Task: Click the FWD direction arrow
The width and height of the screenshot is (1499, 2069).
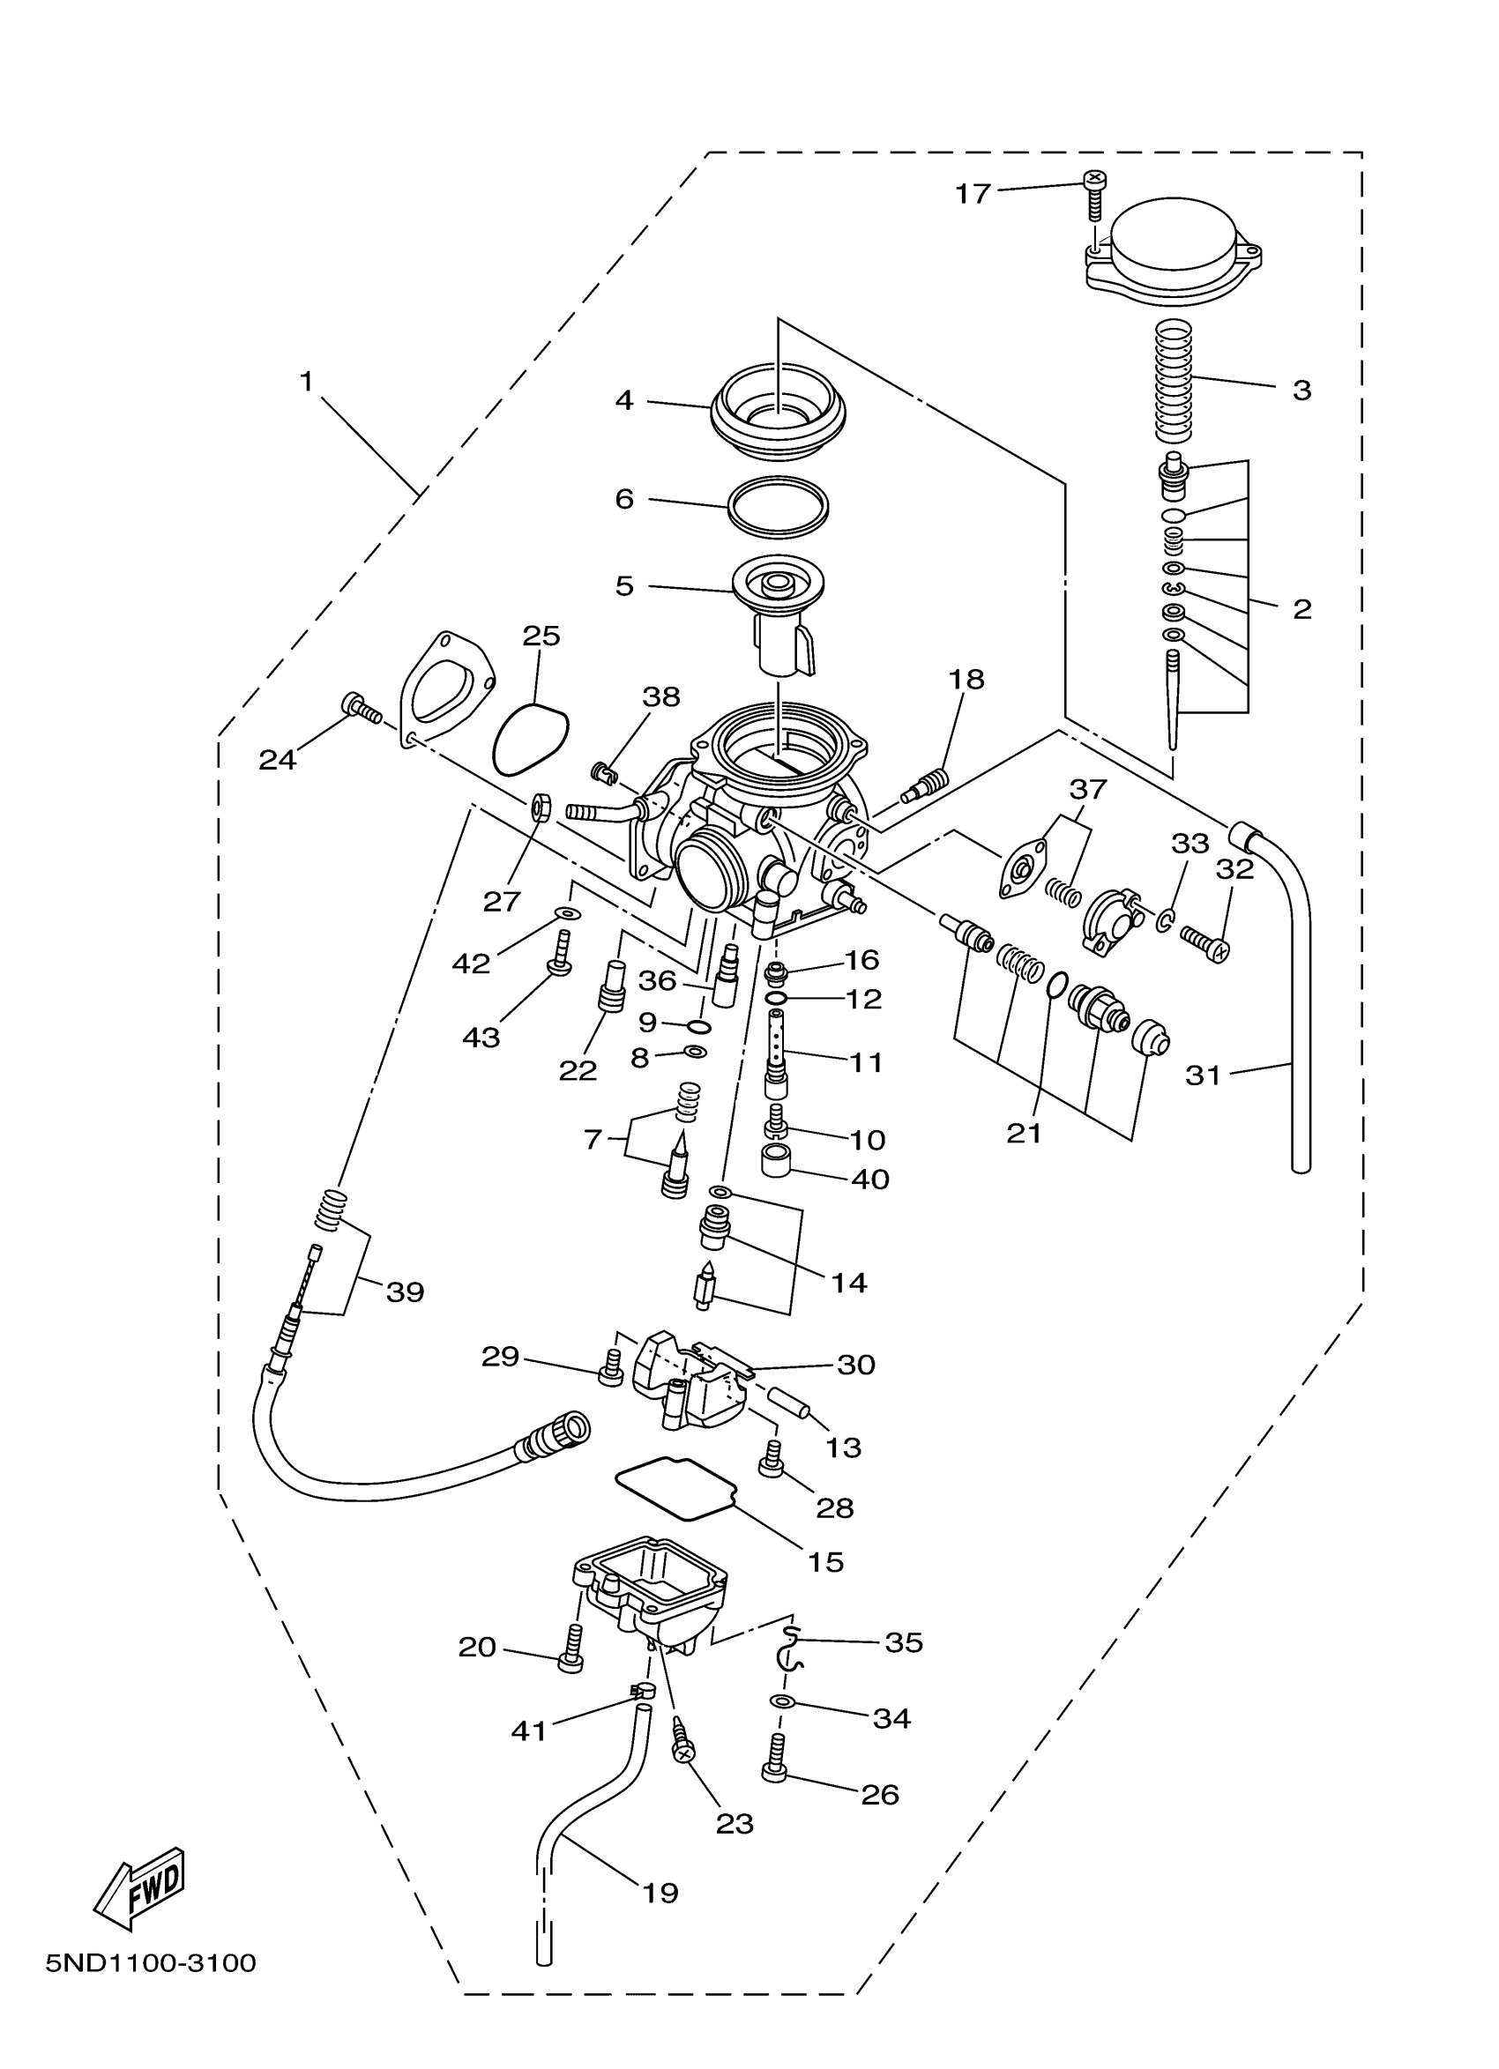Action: point(140,1890)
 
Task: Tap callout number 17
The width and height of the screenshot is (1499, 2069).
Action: point(973,193)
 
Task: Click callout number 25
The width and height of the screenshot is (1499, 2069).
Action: point(541,636)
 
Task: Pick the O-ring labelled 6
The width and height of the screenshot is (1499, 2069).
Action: point(779,504)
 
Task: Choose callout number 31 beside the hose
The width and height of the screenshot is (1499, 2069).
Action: point(1203,1076)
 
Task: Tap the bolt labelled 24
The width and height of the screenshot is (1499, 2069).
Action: point(361,707)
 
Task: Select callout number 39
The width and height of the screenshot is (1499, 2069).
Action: point(405,1291)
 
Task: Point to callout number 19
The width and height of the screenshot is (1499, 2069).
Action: point(660,1893)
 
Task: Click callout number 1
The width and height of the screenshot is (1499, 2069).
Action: point(307,382)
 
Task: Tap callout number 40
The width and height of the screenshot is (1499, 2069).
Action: point(869,1179)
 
